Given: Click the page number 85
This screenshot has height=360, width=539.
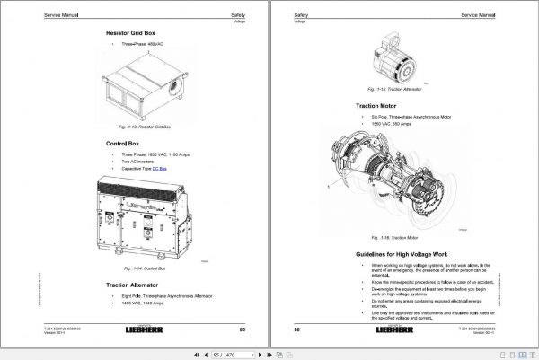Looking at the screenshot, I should click(242, 331).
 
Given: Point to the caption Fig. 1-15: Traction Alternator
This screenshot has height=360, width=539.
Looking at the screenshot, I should click(387, 90).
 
